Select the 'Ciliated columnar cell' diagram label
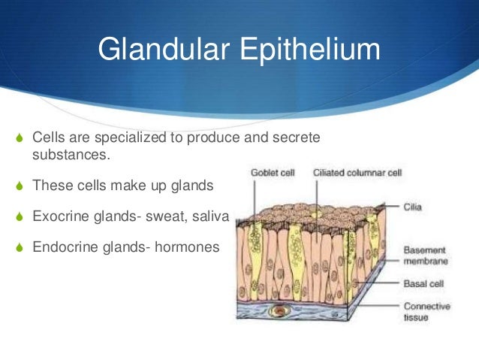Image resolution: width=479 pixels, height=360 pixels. [x=357, y=172]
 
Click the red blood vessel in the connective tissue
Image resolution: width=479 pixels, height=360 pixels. [x=281, y=309]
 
